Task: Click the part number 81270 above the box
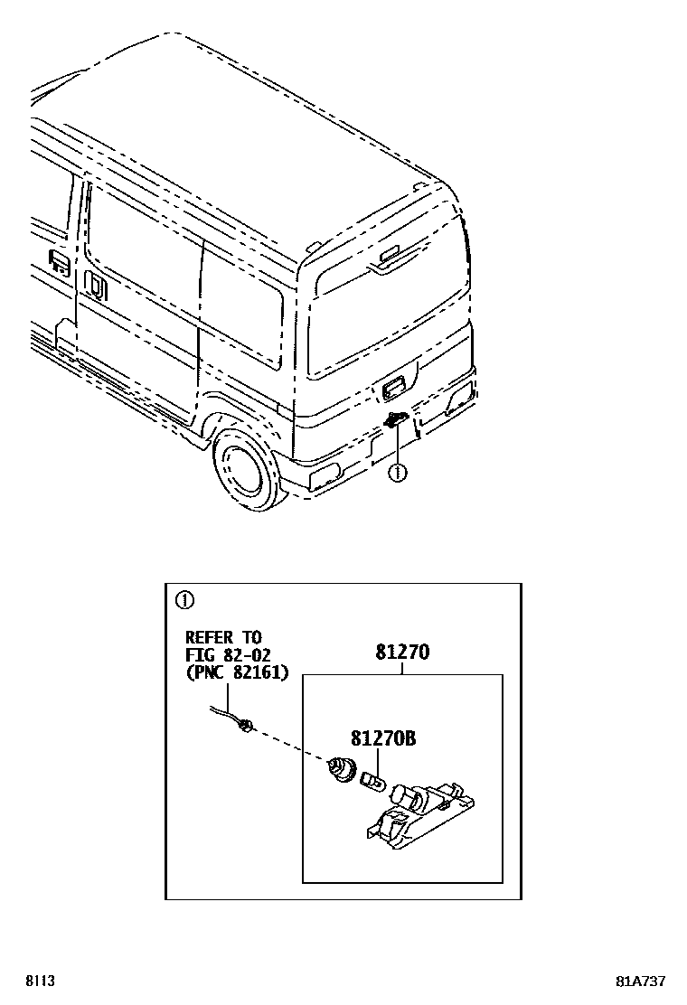coord(401,652)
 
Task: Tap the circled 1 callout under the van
coord(395,471)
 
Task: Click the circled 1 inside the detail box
coord(184,599)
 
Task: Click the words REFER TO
coord(222,636)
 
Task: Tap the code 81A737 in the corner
coord(643,982)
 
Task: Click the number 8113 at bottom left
coord(37,982)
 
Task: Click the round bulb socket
coord(342,771)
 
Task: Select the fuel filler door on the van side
coord(60,263)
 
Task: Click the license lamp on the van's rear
coord(395,418)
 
